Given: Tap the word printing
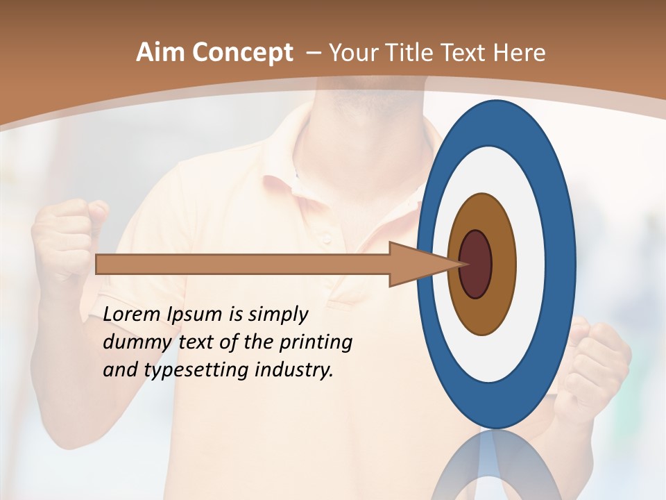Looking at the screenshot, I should click(x=316, y=342).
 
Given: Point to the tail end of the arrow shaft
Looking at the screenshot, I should click(x=101, y=264).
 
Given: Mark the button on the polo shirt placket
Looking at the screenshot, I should click(x=326, y=240).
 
